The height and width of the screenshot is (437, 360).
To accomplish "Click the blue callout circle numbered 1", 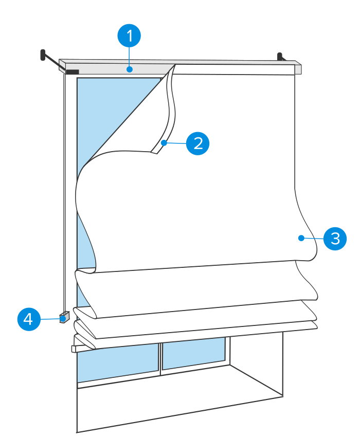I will (129, 37).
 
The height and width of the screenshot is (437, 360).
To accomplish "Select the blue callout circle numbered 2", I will (197, 143).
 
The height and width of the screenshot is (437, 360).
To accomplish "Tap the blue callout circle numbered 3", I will (335, 239).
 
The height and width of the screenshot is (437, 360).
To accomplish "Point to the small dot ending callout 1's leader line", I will (129, 68).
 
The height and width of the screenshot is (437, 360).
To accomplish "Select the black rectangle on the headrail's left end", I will (72, 72).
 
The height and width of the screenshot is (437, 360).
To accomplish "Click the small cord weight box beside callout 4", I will (64, 317).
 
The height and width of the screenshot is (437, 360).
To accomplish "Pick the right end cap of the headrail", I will (298, 69).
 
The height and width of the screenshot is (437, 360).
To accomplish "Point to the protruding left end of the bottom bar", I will (75, 348).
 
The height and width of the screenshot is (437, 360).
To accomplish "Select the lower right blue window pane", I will (194, 352).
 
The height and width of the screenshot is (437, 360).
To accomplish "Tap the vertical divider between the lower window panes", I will (161, 357).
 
